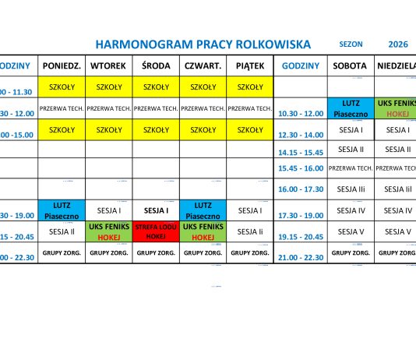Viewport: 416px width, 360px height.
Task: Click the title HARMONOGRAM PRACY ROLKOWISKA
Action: (x=203, y=44)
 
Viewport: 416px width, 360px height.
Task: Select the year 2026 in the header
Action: (x=398, y=44)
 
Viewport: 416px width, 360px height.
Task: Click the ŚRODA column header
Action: (x=157, y=66)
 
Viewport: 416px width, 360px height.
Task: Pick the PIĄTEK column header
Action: (x=250, y=66)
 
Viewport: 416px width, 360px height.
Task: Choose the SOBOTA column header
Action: (x=351, y=66)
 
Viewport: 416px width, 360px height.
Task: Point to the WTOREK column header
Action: (x=108, y=66)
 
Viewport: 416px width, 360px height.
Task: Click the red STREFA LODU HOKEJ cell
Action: (x=157, y=231)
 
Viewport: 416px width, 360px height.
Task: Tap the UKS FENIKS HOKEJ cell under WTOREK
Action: (x=108, y=231)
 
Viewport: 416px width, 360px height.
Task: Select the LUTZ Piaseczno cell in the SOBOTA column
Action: (x=351, y=108)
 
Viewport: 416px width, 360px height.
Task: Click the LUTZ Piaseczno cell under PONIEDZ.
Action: (x=62, y=210)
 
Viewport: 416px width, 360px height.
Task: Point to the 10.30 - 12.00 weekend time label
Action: (x=301, y=113)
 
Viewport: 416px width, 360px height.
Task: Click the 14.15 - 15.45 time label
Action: (x=301, y=153)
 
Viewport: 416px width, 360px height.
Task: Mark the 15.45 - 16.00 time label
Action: (x=301, y=168)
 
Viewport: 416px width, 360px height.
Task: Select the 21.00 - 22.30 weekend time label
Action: (x=301, y=257)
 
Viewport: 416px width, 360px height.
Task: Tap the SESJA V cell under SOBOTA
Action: (x=351, y=231)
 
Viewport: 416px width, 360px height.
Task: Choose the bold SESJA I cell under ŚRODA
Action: (x=157, y=210)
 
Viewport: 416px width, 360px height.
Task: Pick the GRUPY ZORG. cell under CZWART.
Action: (x=203, y=252)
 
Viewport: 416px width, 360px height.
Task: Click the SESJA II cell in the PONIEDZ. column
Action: (x=62, y=231)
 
